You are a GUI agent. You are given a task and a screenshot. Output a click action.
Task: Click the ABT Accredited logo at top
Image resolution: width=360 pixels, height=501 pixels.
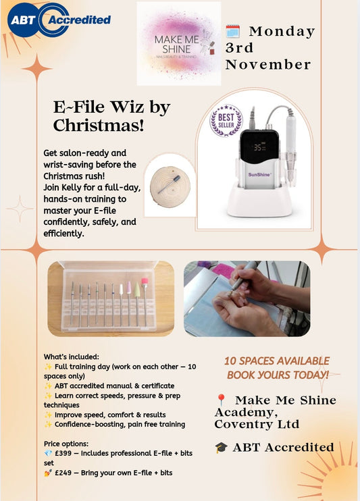(x=59, y=20)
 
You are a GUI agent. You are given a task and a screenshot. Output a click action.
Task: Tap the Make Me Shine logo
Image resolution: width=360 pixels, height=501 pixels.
(x=178, y=43)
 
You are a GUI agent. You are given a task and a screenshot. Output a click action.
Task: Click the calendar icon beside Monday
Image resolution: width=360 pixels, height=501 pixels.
(x=232, y=31)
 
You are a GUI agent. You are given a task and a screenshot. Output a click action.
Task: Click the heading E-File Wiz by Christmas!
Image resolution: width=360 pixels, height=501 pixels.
(x=111, y=116)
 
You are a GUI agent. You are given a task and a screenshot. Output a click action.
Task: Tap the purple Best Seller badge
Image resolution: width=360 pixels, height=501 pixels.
(x=226, y=121)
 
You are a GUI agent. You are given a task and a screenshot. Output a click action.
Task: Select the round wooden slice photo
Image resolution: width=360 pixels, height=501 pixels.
(x=169, y=182)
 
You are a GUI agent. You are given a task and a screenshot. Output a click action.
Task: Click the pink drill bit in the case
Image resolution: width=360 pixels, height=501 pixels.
(x=144, y=281)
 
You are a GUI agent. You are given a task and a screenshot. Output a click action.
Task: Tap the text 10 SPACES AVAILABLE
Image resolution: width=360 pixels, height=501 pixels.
(x=277, y=361)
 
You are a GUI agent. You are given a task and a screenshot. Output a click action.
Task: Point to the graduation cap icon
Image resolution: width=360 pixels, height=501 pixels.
(x=221, y=447)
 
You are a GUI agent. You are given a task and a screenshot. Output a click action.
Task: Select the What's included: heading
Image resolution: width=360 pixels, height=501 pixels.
(x=72, y=357)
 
